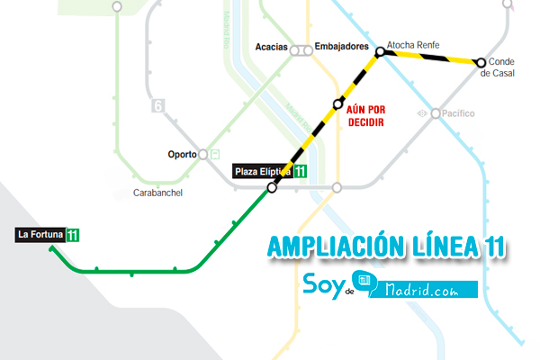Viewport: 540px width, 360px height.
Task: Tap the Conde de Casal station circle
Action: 481,62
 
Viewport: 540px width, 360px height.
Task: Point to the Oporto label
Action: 182,154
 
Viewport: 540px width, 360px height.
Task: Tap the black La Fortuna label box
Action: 40,235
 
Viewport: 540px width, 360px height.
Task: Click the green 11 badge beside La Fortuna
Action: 73,236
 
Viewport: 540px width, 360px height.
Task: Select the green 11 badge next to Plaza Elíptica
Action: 300,171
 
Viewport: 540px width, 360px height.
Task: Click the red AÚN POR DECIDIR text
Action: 364,114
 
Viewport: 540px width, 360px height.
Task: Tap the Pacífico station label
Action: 460,113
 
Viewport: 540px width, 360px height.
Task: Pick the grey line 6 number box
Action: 158,105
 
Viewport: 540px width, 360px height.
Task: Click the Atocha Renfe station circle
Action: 380,52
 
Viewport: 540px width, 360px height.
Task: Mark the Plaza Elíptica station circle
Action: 272,188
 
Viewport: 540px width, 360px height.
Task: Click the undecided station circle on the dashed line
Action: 338,103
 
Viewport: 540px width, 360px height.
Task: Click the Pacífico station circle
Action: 436,113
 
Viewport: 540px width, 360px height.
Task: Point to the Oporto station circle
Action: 203,154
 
